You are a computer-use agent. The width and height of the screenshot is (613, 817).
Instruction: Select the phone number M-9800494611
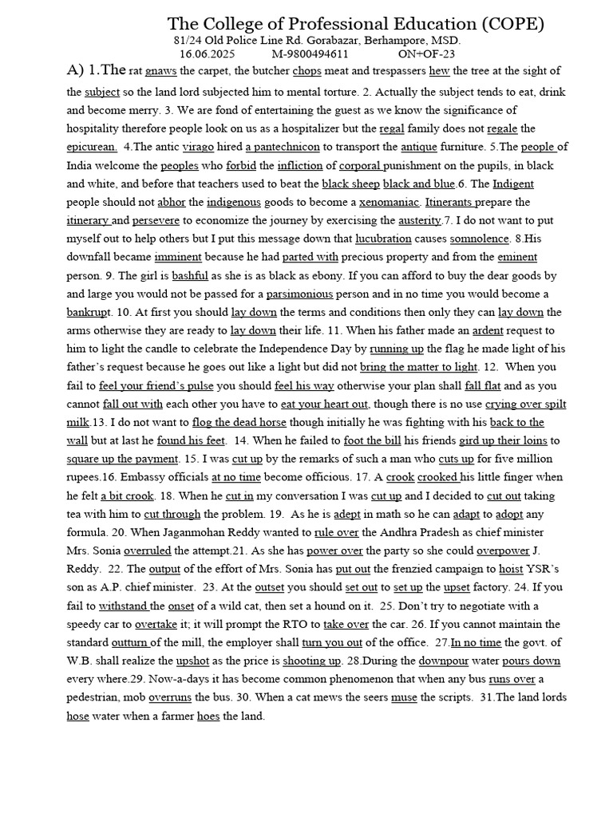tap(310, 53)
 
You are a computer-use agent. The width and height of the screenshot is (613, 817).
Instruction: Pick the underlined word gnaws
tap(161, 73)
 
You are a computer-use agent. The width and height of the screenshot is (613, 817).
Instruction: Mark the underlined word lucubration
tap(383, 239)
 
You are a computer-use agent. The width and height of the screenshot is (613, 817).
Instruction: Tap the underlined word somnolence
tap(479, 239)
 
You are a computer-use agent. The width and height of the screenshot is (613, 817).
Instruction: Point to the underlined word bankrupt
tap(88, 312)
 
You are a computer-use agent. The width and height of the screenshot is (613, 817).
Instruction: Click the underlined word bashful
tap(190, 275)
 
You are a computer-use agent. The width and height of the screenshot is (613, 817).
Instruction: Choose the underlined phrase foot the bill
tap(378, 440)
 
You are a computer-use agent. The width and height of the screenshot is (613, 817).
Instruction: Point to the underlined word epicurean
tap(92, 147)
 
